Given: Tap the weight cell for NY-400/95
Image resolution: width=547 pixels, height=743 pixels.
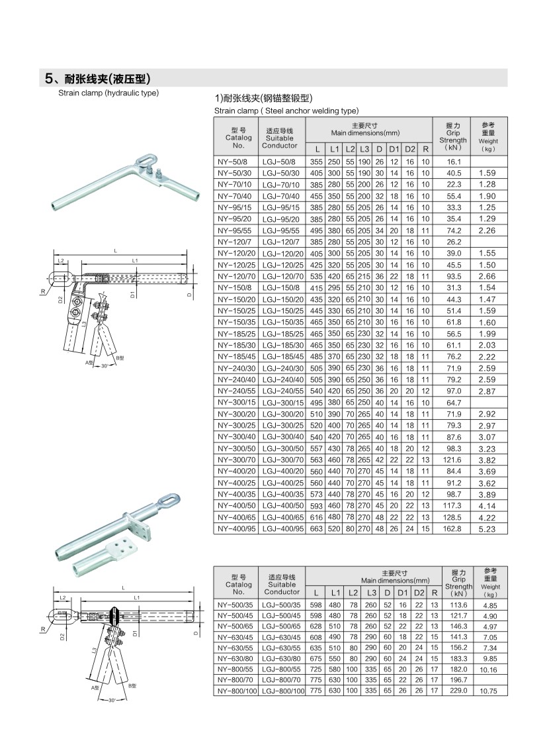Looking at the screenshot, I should tap(489, 528).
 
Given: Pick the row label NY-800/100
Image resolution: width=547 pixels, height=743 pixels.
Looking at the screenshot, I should tap(237, 691).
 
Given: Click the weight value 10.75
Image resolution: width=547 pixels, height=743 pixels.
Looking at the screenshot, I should tap(489, 691).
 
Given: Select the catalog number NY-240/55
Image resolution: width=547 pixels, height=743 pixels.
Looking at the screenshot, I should tap(235, 391).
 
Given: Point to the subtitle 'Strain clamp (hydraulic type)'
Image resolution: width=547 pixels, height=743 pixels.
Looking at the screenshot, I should tap(108, 93).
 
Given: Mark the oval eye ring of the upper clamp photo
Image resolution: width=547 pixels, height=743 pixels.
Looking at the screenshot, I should tap(143, 161).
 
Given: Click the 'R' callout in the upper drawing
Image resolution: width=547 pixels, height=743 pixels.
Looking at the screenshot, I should tap(41, 291).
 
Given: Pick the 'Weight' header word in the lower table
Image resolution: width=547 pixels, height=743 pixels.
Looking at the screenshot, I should tap(489, 587).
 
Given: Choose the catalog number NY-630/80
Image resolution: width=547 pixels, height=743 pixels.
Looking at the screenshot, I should tap(235, 659).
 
